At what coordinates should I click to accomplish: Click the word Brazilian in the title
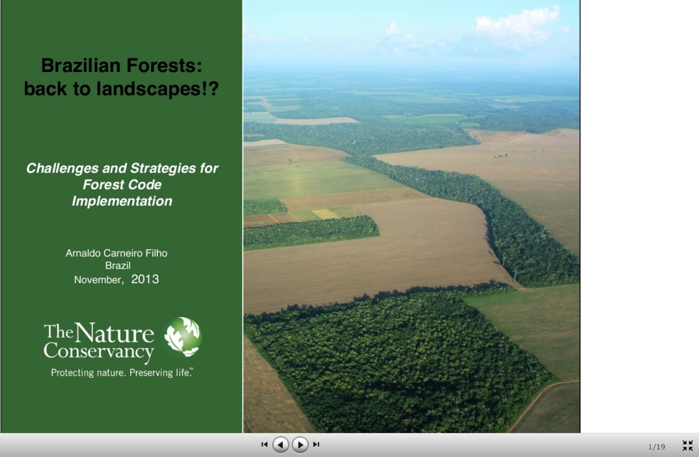(81, 65)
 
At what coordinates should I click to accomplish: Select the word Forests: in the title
(164, 65)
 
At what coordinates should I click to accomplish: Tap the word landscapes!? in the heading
(158, 89)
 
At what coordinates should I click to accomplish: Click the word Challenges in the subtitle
(62, 169)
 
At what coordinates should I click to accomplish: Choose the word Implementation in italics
(122, 201)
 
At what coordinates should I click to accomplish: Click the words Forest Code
(122, 184)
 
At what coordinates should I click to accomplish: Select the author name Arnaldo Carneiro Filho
(116, 253)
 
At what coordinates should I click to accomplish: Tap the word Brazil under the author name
(117, 266)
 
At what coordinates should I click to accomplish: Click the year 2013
(145, 279)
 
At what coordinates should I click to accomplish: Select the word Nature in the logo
(114, 333)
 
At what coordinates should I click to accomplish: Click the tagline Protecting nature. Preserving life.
(122, 373)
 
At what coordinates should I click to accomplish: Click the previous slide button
(280, 445)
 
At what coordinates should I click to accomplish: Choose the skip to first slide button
(264, 444)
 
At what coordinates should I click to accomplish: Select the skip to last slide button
(316, 444)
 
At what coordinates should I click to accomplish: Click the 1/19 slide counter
(657, 447)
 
